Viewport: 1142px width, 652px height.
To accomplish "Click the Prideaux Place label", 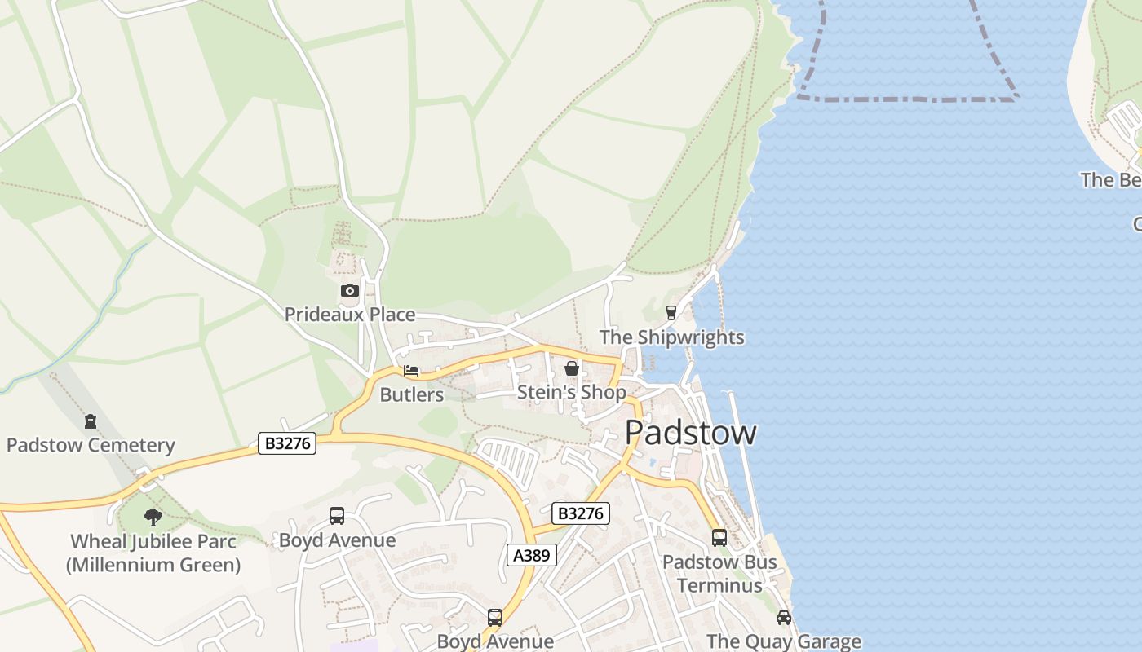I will click(x=349, y=315).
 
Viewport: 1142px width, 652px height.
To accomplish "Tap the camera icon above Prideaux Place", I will click(x=349, y=290).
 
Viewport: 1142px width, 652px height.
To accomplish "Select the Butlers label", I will click(x=412, y=395).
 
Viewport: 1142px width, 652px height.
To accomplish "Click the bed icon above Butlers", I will click(x=411, y=371).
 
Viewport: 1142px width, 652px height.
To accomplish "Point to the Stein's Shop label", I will click(x=572, y=393).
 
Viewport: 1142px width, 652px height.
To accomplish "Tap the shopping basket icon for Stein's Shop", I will click(x=572, y=368).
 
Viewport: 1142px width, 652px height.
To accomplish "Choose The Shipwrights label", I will click(x=671, y=337).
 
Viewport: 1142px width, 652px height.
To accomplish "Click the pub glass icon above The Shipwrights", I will click(x=671, y=312).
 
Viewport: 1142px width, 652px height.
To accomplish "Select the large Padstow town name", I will click(x=690, y=433).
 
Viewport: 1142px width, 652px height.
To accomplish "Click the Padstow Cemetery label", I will click(x=91, y=446).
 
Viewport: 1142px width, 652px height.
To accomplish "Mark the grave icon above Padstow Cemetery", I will click(x=90, y=421).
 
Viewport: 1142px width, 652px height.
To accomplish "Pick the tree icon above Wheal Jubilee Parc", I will click(x=153, y=517).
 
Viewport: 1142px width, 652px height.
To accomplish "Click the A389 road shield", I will click(x=532, y=555).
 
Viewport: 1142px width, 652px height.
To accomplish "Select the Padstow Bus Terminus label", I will click(x=719, y=573).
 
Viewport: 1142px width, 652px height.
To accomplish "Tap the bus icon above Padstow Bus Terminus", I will click(x=719, y=538).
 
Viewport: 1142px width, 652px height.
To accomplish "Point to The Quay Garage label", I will click(x=784, y=642).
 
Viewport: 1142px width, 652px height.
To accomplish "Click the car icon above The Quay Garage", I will click(x=783, y=618).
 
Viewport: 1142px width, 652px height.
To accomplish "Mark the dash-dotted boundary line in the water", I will click(x=905, y=99).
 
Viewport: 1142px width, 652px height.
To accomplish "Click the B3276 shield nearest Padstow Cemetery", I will click(x=287, y=443).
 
